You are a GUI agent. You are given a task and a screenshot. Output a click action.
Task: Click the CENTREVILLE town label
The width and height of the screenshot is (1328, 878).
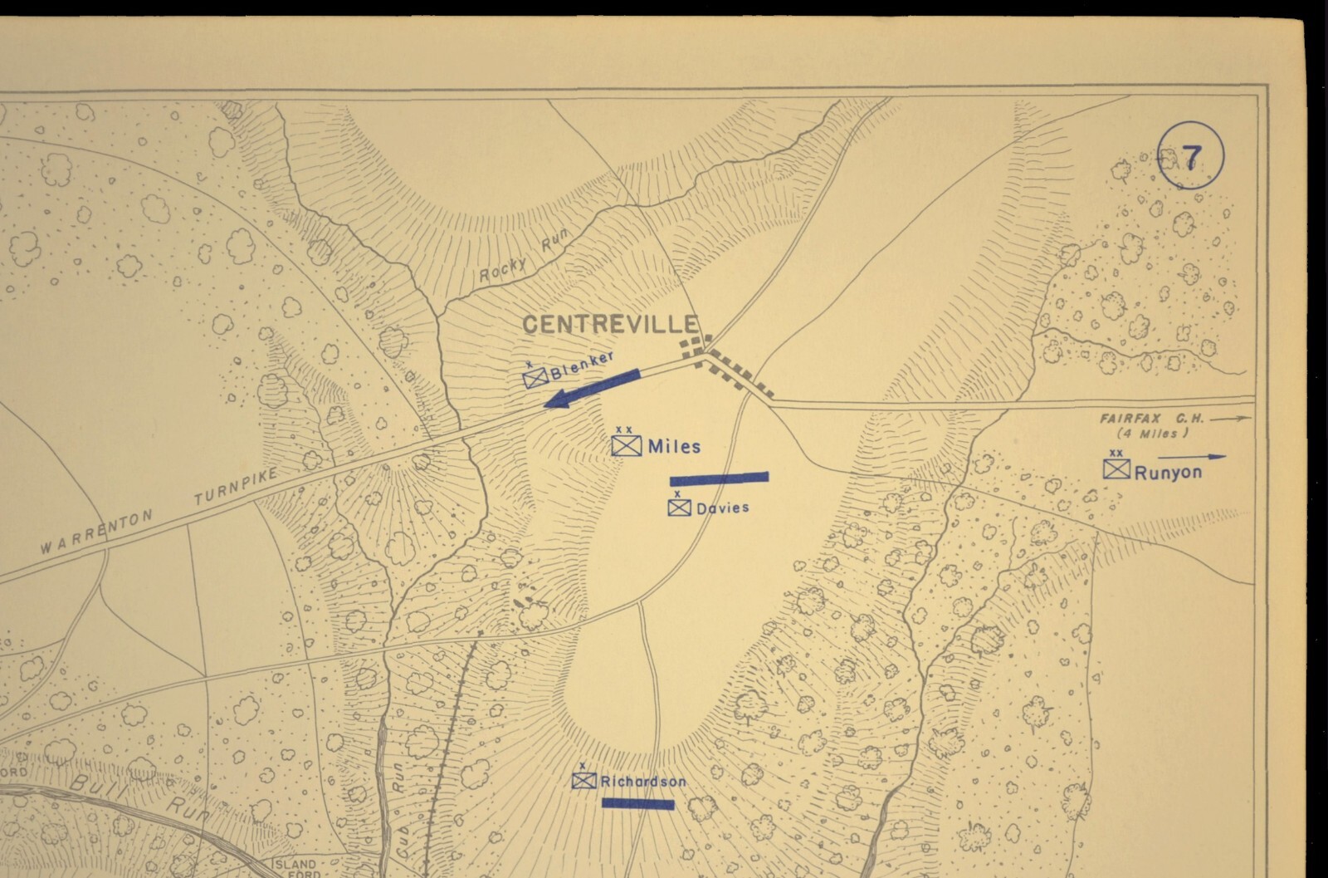click(613, 325)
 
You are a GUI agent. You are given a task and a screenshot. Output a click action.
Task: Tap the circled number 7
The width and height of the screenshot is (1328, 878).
click(1190, 157)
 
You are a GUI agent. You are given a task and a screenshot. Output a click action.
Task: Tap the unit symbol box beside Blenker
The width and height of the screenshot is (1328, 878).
click(535, 379)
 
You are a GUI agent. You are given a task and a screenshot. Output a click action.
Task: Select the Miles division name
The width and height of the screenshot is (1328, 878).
click(674, 447)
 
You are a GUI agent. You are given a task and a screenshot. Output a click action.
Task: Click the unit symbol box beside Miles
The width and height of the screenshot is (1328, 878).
click(626, 445)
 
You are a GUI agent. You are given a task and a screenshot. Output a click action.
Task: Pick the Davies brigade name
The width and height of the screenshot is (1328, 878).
click(723, 508)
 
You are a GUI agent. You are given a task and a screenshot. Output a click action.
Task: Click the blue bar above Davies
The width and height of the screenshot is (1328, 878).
click(719, 478)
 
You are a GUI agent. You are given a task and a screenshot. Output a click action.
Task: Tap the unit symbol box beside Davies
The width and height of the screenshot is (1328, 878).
click(679, 508)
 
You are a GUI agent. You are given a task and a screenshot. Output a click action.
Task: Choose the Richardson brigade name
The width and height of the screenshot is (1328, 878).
click(643, 782)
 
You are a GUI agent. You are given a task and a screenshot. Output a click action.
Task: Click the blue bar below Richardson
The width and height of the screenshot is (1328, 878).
click(637, 803)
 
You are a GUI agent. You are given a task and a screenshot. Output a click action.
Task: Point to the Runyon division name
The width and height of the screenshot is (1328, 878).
click(1168, 473)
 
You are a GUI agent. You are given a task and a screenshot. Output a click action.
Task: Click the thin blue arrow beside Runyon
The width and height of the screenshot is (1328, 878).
click(1192, 456)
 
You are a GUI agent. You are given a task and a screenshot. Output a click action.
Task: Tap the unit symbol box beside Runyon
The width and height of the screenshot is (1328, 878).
click(1116, 469)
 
